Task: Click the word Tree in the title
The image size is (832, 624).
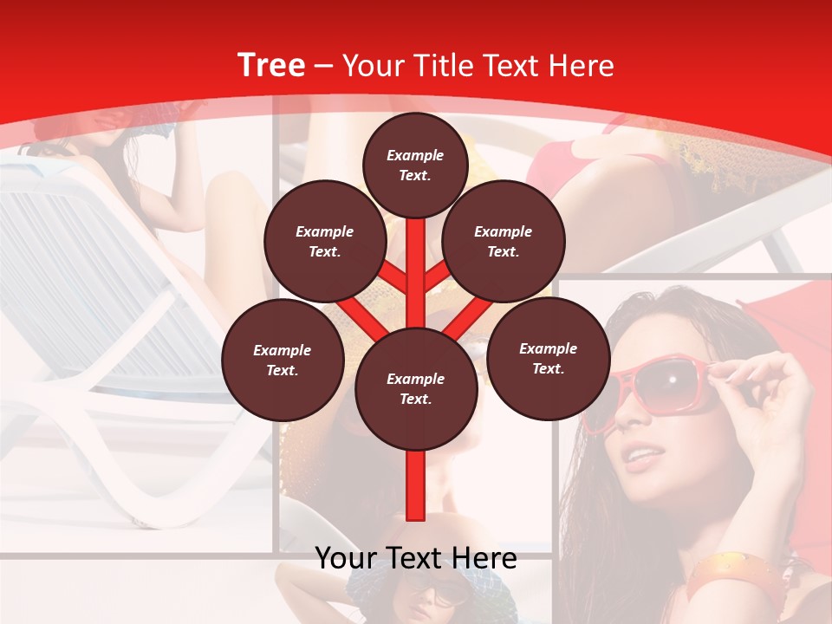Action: click(x=271, y=66)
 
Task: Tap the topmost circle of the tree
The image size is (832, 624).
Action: click(x=415, y=165)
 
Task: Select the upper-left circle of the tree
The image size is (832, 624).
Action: click(x=324, y=241)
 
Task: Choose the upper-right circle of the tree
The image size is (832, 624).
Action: click(x=503, y=241)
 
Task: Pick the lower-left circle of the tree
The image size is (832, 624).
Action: click(x=282, y=360)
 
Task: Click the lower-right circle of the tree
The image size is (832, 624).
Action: click(x=548, y=358)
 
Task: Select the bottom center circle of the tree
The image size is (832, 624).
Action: click(x=415, y=388)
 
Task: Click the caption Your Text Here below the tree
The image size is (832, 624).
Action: click(x=415, y=558)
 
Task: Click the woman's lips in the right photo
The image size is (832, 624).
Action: click(x=643, y=456)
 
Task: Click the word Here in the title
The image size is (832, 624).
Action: click(x=582, y=66)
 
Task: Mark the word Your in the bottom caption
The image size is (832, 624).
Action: click(x=347, y=558)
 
